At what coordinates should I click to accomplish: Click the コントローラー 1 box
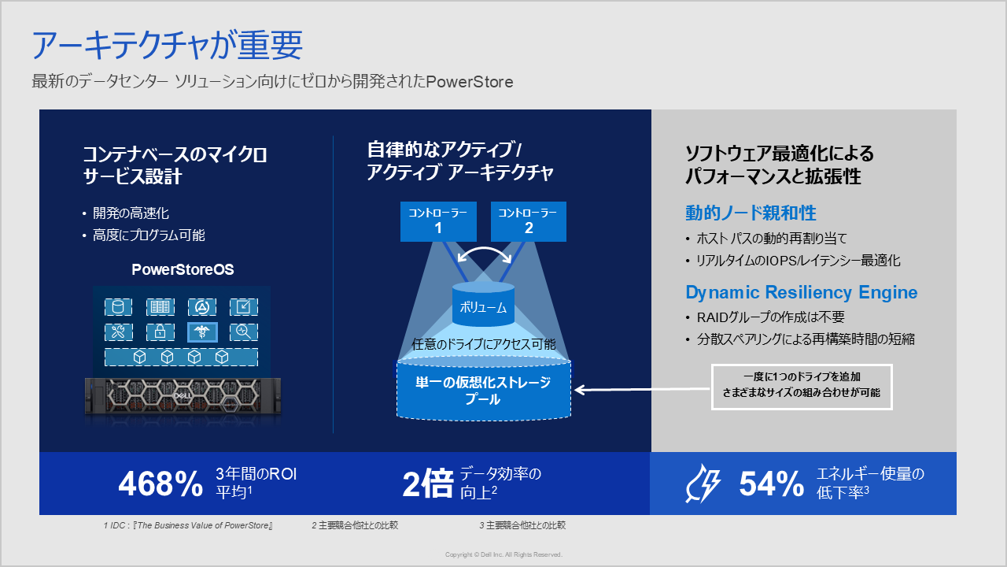pyautogui.click(x=438, y=221)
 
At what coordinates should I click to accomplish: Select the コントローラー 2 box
pyautogui.click(x=529, y=221)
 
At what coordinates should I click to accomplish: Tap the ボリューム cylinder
pyautogui.click(x=483, y=304)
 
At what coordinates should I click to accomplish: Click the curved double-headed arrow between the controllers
pyautogui.click(x=484, y=249)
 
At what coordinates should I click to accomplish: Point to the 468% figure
pyautogui.click(x=160, y=484)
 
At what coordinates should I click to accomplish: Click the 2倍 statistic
pyautogui.click(x=428, y=484)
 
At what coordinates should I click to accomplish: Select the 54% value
pyautogui.click(x=772, y=484)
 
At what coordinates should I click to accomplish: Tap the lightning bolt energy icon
pyautogui.click(x=703, y=484)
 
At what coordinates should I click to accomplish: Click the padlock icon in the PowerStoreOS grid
pyautogui.click(x=160, y=332)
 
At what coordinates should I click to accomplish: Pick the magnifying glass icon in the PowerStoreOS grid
pyautogui.click(x=244, y=332)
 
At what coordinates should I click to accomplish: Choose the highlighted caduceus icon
pyautogui.click(x=202, y=332)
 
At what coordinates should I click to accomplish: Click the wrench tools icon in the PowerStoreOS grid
pyautogui.click(x=118, y=332)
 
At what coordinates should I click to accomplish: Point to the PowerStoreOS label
pyautogui.click(x=183, y=269)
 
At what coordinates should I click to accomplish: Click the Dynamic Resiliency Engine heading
pyautogui.click(x=801, y=292)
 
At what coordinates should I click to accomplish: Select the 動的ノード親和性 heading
pyautogui.click(x=751, y=213)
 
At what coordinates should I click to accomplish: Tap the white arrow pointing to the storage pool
pyautogui.click(x=643, y=390)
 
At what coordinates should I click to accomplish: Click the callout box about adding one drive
pyautogui.click(x=802, y=387)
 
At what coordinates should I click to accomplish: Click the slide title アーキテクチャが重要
pyautogui.click(x=168, y=46)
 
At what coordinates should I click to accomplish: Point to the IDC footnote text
pyautogui.click(x=188, y=525)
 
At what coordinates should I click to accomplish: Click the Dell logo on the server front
pyautogui.click(x=183, y=396)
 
